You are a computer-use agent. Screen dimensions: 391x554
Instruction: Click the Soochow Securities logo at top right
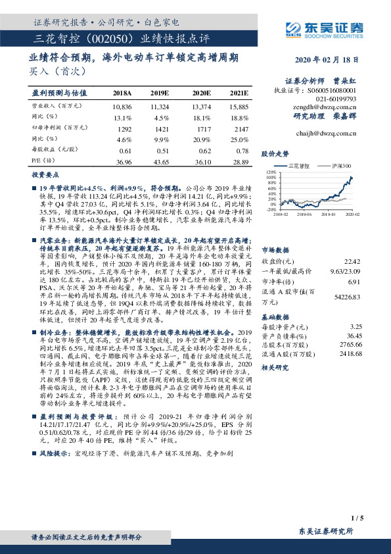(322, 28)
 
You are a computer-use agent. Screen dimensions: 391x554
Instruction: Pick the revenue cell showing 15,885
(239, 106)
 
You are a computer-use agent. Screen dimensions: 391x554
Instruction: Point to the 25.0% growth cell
(239, 139)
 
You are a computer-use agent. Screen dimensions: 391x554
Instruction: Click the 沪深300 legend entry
(342, 166)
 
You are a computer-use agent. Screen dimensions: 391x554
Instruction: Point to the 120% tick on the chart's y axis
(269, 172)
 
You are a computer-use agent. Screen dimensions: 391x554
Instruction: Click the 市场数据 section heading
(276, 232)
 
